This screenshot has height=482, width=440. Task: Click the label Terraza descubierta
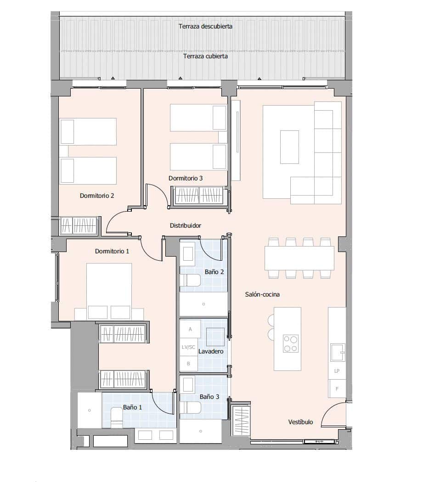click(x=205, y=27)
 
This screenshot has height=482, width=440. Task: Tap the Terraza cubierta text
click(x=205, y=56)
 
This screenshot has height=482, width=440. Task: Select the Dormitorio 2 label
click(x=97, y=196)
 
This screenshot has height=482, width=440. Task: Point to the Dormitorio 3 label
click(x=185, y=178)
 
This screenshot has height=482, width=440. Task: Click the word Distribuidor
click(x=186, y=225)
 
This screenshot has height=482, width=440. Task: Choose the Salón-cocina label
click(x=262, y=294)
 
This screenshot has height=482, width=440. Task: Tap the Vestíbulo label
click(x=300, y=422)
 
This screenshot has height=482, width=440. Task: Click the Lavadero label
click(x=211, y=351)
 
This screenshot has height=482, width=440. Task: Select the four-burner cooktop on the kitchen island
click(x=290, y=343)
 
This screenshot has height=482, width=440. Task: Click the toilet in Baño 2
click(x=192, y=280)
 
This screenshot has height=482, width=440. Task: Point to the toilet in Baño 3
click(x=192, y=407)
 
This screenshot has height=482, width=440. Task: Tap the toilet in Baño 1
click(x=117, y=419)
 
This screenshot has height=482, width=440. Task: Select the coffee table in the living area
click(x=289, y=147)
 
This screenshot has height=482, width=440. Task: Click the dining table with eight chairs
click(x=299, y=258)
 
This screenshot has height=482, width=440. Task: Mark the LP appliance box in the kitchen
click(x=337, y=371)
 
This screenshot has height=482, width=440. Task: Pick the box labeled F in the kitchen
click(x=337, y=389)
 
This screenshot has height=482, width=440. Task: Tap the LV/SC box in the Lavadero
click(x=188, y=347)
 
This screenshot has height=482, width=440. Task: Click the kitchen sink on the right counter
click(x=338, y=351)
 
